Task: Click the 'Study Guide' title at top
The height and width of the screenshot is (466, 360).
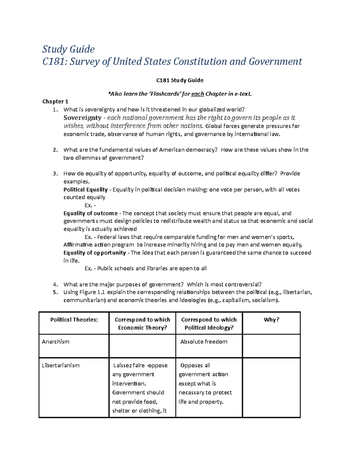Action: point(68,49)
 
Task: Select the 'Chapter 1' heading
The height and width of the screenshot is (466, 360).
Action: point(55,101)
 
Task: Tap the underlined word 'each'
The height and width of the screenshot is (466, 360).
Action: point(197,94)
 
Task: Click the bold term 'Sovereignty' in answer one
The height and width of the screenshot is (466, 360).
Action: point(82,118)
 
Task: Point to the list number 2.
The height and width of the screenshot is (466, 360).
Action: point(55,150)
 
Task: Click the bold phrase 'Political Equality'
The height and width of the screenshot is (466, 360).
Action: point(85,190)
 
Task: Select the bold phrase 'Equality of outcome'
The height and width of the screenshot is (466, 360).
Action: point(90,213)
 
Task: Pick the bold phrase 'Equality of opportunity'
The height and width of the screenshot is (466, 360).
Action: point(94,253)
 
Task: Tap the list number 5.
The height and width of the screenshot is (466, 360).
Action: point(55,292)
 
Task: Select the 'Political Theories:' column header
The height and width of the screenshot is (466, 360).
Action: point(74,320)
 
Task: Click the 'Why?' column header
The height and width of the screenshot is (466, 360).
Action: point(271,320)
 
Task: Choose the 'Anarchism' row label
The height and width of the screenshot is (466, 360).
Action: point(55,342)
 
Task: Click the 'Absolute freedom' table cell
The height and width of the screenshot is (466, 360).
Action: point(204,342)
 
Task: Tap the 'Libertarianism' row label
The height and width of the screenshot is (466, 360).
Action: point(61,365)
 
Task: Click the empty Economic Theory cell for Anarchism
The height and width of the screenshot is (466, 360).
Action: point(142,346)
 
